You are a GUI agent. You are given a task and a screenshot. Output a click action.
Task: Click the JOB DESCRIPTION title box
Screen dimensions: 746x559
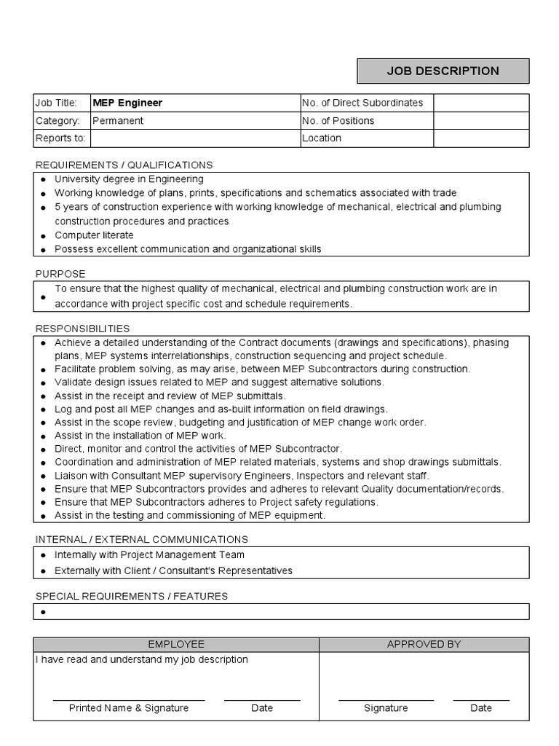(443, 71)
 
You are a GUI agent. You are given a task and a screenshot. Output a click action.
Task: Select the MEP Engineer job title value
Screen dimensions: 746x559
(127, 103)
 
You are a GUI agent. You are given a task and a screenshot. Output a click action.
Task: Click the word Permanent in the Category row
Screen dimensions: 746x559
(118, 120)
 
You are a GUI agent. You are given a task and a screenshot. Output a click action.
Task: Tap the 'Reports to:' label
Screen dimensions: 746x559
(60, 138)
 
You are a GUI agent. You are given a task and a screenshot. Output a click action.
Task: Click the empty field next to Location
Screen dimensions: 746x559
(481, 138)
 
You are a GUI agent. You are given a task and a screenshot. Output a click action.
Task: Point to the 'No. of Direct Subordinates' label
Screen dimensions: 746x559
(362, 103)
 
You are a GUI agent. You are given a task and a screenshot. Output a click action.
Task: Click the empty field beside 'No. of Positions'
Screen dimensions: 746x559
(481, 120)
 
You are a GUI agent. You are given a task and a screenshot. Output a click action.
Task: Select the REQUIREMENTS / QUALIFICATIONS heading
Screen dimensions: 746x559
(124, 165)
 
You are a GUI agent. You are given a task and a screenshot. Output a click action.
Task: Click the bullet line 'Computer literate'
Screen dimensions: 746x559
(94, 235)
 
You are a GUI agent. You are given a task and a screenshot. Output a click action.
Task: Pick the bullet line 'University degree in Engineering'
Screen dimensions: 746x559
(129, 179)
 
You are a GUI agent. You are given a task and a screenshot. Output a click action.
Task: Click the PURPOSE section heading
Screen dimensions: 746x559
(60, 274)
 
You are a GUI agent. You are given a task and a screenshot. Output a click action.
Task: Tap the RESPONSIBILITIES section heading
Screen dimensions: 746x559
(82, 329)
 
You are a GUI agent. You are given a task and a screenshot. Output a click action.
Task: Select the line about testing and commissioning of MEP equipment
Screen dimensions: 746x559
(189, 515)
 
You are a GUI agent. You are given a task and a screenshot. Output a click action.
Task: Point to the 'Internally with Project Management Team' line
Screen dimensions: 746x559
(149, 555)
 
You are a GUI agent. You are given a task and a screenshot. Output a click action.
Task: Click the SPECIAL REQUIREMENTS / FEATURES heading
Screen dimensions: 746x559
(132, 596)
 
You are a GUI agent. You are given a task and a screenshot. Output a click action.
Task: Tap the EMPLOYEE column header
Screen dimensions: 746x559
(176, 644)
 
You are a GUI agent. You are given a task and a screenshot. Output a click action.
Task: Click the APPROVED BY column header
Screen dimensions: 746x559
(424, 644)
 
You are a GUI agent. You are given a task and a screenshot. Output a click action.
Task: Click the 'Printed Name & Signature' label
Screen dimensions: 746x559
(129, 707)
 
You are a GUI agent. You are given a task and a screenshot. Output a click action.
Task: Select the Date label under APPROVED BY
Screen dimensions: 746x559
(481, 707)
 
